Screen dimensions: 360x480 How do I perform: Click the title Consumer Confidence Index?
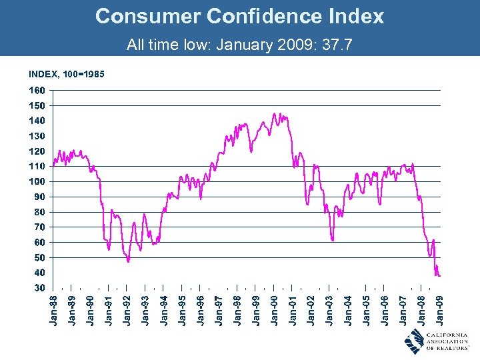(x=239, y=16)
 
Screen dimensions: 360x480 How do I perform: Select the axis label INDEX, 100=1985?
(x=66, y=73)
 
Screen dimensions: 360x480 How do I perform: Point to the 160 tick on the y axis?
(x=37, y=90)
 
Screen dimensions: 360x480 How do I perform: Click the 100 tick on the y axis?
(x=37, y=181)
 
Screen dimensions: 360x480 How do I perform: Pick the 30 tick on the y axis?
(x=39, y=288)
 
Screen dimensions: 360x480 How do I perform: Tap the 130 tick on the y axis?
(x=37, y=136)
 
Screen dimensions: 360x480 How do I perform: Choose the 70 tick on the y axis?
(x=39, y=227)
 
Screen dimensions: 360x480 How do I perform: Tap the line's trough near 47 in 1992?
(x=128, y=261)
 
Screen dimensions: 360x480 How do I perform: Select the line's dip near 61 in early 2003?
(x=332, y=240)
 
